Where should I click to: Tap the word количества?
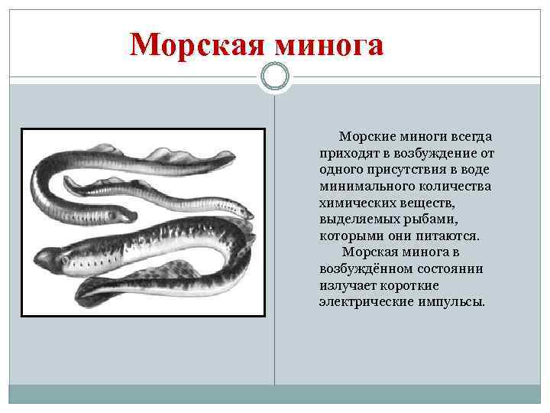[x=453, y=186]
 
